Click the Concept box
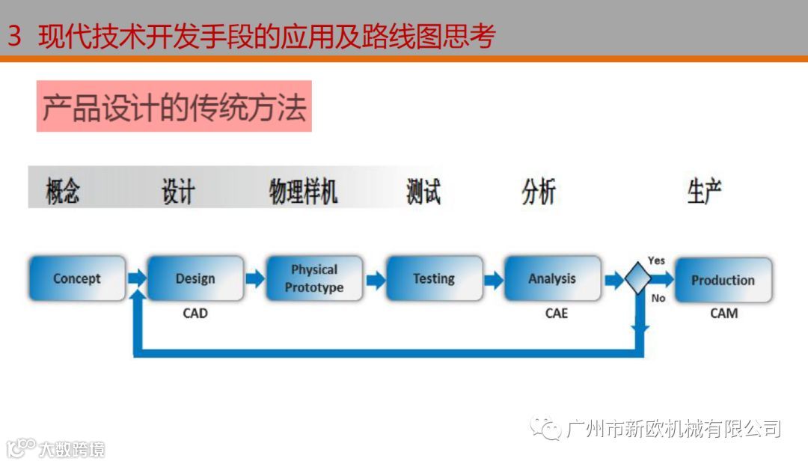pyautogui.click(x=76, y=278)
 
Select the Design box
pyautogui.click(x=195, y=278)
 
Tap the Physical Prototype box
pyautogui.click(x=314, y=278)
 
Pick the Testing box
pyautogui.click(x=434, y=278)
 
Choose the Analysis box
pyautogui.click(x=552, y=278)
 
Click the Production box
pyautogui.click(x=723, y=280)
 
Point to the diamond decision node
pyautogui.click(x=638, y=278)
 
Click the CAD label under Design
pyautogui.click(x=195, y=313)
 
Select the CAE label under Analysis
pyautogui.click(x=557, y=313)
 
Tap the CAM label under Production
pyautogui.click(x=723, y=313)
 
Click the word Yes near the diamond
pyautogui.click(x=656, y=260)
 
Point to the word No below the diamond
pyautogui.click(x=658, y=299)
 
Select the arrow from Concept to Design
pyautogui.click(x=136, y=278)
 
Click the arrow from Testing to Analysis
pyautogui.click(x=493, y=279)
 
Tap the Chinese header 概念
pyautogui.click(x=63, y=192)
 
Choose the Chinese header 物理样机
pyautogui.click(x=303, y=192)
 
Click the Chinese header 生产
pyautogui.click(x=704, y=192)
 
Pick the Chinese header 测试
pyautogui.click(x=423, y=192)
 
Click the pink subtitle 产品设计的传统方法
pyautogui.click(x=174, y=107)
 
